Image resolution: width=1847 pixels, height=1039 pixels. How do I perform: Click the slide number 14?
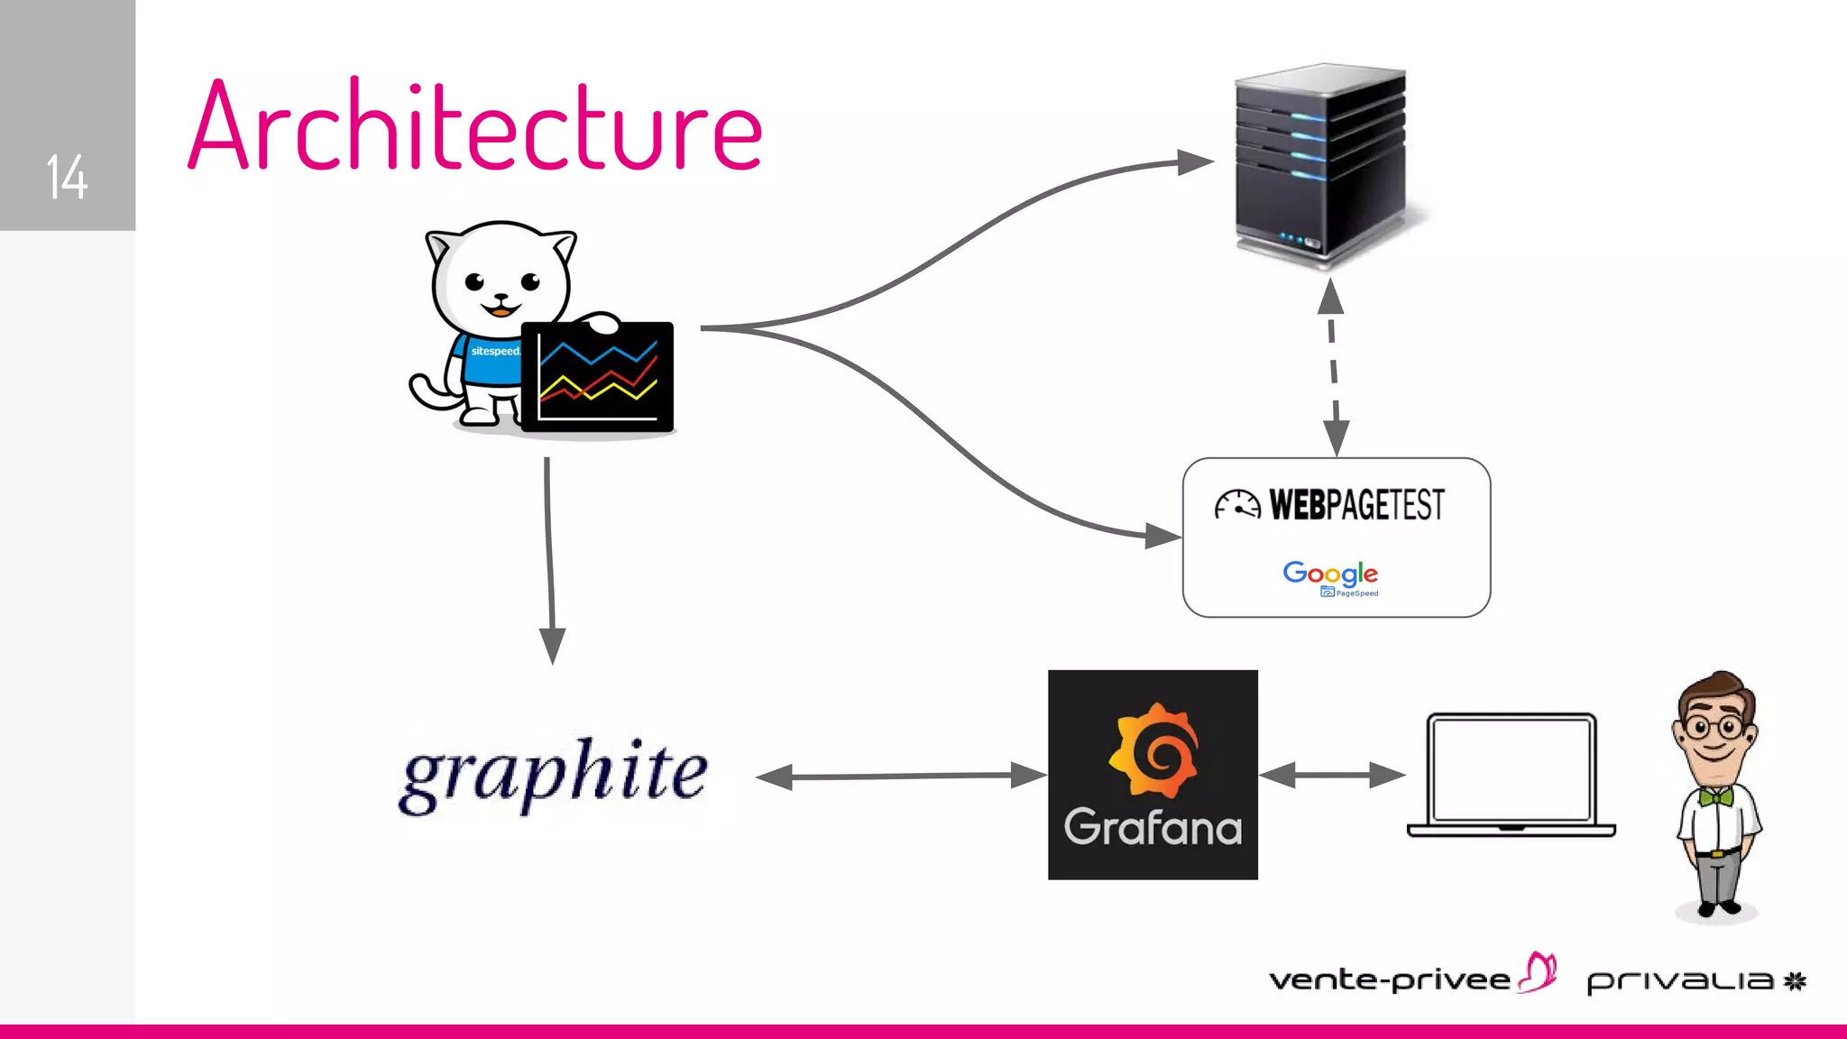coord(67,177)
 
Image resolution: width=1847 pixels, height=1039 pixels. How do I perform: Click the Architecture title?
coord(475,127)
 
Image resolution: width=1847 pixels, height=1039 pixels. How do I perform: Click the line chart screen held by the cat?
coord(598,377)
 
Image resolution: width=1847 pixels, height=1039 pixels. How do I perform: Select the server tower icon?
coord(1322,162)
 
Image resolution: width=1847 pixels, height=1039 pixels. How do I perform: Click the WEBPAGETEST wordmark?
coord(1356,505)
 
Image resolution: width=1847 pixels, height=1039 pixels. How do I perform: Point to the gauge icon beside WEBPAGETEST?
coord(1236,505)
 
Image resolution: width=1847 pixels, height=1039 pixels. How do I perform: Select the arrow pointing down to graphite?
coord(549,559)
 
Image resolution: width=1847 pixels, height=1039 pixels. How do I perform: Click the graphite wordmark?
coord(554,774)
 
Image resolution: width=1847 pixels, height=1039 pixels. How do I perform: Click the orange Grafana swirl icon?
coord(1153,749)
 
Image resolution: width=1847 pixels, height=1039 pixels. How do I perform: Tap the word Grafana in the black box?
coord(1153,827)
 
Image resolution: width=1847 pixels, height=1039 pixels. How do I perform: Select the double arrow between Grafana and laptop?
coord(1331,775)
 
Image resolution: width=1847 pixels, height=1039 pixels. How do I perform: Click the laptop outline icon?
coord(1512,774)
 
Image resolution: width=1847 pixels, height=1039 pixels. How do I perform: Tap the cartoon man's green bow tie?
coord(1717,796)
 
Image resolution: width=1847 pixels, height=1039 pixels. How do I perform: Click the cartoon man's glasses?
coord(1715,727)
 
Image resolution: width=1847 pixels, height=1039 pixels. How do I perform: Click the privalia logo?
coord(1695,980)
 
